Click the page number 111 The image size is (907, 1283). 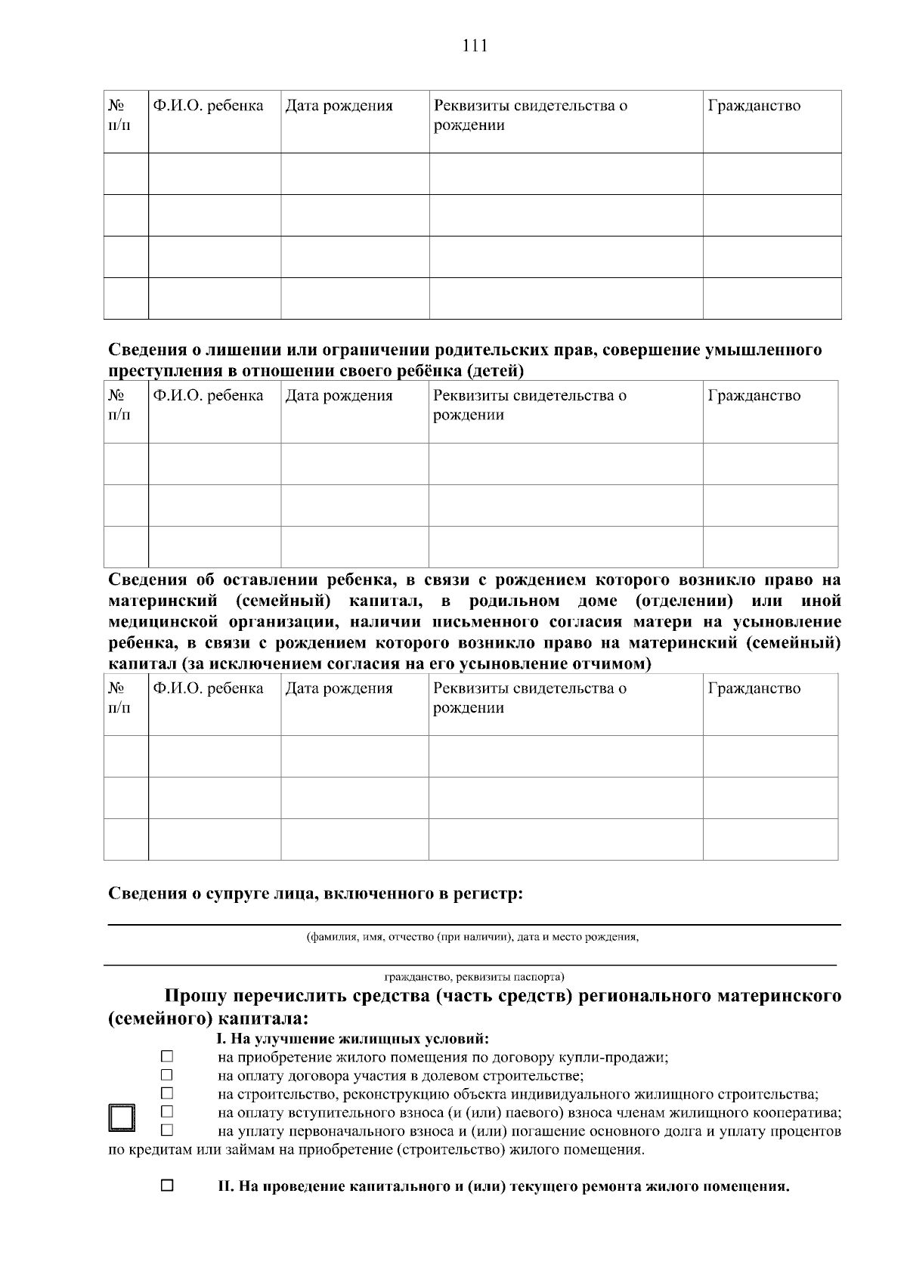[475, 46]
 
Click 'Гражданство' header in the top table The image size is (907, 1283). [754, 106]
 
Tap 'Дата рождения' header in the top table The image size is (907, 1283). [339, 106]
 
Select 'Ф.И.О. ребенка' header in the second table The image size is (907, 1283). [208, 395]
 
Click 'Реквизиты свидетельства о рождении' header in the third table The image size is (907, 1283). [529, 698]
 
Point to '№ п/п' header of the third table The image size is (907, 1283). [119, 698]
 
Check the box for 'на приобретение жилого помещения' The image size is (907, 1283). [167, 1056]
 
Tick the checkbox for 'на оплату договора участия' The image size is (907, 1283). [167, 1074]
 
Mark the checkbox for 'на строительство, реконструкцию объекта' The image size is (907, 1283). [167, 1093]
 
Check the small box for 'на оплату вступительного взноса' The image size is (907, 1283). [167, 1111]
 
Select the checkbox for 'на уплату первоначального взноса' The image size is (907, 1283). [167, 1130]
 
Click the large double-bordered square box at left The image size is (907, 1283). [121, 1118]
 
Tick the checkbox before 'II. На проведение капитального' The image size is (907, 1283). [167, 1186]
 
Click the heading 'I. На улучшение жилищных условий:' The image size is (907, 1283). [353, 1039]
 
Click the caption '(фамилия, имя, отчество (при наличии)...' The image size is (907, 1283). [472, 938]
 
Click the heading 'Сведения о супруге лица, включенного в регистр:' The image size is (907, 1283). [316, 894]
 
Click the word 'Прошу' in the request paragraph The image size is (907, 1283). [196, 997]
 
